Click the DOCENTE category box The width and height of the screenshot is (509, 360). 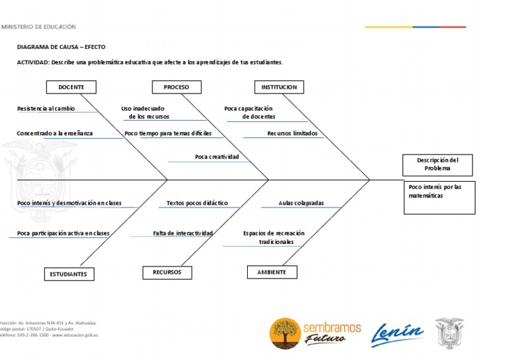coord(71,87)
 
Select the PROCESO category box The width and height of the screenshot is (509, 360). coord(176,87)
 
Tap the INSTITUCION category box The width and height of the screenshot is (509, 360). coord(279,87)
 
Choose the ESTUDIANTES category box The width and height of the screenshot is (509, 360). coord(69,274)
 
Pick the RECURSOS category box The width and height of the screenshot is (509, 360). coord(167,272)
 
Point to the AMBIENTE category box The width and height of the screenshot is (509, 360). coord(272,272)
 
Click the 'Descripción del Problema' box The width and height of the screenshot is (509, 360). coord(437,164)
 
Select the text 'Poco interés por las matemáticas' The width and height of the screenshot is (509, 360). coord(435,191)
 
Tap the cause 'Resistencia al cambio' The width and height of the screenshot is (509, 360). coord(46,108)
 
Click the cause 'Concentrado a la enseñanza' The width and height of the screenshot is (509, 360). coord(55,133)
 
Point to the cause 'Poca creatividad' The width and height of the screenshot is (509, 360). coord(217,157)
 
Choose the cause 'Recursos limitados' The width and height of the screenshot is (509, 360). coord(292,133)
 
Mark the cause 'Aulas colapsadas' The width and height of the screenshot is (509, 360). coord(301,203)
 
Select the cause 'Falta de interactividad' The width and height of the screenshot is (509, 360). coord(183,233)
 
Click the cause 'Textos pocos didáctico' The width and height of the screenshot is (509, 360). coord(197,203)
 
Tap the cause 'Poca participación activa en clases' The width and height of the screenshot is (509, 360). coord(63,233)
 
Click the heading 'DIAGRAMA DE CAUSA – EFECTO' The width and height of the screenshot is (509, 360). coord(61,47)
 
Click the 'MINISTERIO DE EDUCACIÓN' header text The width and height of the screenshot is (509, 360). coord(39,27)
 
